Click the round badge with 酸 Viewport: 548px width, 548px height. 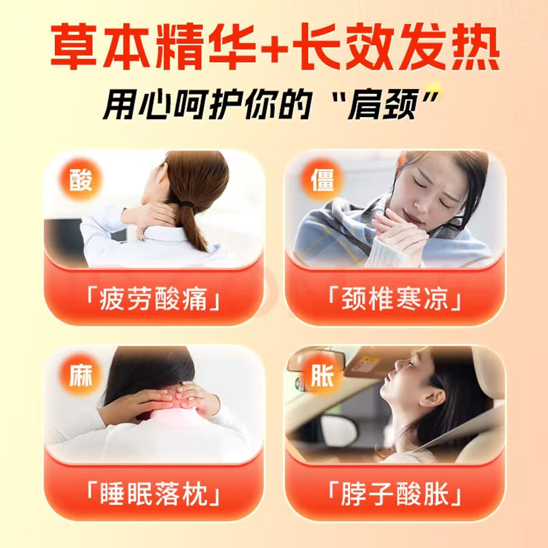pyautogui.click(x=80, y=179)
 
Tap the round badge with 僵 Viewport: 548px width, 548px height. pyautogui.click(x=322, y=179)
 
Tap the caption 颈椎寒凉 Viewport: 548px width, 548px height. pyautogui.click(x=394, y=298)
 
